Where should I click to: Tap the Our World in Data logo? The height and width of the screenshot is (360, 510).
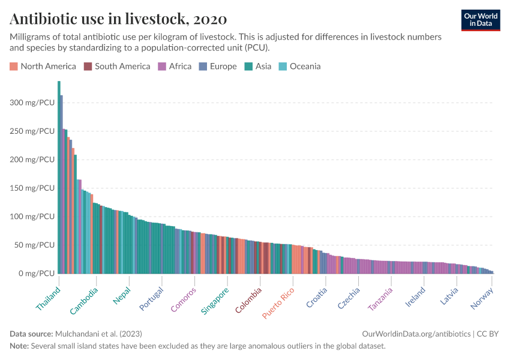480,20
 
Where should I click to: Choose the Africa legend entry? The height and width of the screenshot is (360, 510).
175,66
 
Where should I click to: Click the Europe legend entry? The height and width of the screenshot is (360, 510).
218,66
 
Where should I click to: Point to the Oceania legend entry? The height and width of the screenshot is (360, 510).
299,66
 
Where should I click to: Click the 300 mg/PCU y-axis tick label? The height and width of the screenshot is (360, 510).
32,103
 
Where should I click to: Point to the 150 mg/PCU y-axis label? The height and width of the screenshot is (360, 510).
32,188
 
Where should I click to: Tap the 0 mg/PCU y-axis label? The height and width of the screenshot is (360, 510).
37,274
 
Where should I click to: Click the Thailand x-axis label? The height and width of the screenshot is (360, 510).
49,298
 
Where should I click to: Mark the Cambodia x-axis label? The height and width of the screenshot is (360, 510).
85,301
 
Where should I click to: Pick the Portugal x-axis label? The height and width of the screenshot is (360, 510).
151,298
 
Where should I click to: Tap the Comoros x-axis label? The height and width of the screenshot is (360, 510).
184,299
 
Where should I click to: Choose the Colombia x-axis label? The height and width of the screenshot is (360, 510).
248,299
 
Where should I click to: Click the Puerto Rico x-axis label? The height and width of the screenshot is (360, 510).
278,302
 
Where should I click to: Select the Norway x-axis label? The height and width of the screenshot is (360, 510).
482,298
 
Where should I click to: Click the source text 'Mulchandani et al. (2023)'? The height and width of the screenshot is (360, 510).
98,334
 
